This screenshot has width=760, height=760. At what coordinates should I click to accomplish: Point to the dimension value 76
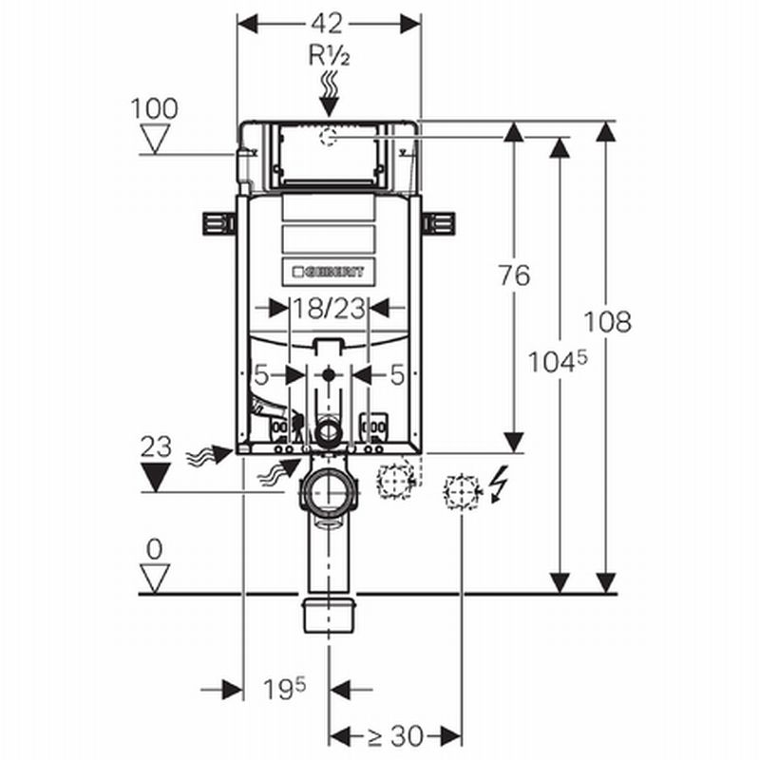pyautogui.click(x=514, y=275)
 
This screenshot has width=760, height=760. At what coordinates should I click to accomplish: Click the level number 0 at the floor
pyautogui.click(x=154, y=548)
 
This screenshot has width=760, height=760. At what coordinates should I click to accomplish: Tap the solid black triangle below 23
pyautogui.click(x=155, y=477)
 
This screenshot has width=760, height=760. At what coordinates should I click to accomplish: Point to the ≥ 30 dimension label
pyautogui.click(x=395, y=736)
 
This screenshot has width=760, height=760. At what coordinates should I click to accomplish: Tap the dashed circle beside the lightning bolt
pyautogui.click(x=461, y=491)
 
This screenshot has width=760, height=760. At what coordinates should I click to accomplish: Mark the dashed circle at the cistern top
pyautogui.click(x=329, y=138)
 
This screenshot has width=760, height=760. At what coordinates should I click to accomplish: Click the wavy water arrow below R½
pyautogui.click(x=329, y=95)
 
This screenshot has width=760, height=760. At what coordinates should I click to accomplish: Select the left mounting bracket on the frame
pyautogui.click(x=219, y=222)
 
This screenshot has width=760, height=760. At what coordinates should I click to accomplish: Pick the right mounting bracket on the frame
pyautogui.click(x=439, y=222)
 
